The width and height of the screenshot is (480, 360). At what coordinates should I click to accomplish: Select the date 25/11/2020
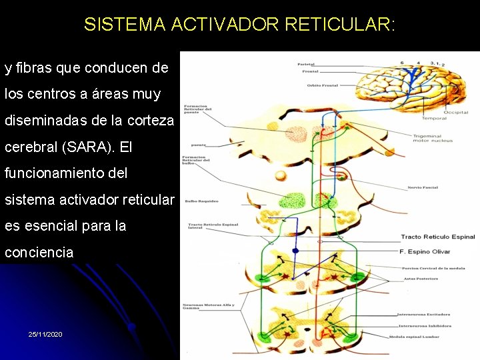pyautogui.click(x=45, y=333)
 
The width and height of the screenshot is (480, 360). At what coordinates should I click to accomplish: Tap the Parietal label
pyautogui.click(x=306, y=64)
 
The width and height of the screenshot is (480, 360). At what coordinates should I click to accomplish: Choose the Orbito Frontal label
pyautogui.click(x=323, y=85)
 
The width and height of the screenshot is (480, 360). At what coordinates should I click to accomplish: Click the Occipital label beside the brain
pyautogui.click(x=456, y=113)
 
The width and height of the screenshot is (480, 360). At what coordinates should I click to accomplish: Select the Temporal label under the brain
pyautogui.click(x=435, y=118)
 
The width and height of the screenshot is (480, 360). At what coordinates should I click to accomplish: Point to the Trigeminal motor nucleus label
pyautogui.click(x=433, y=138)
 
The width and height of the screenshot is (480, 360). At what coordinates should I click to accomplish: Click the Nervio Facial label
pyautogui.click(x=423, y=187)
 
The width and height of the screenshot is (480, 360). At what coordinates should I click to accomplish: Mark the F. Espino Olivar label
pyautogui.click(x=425, y=251)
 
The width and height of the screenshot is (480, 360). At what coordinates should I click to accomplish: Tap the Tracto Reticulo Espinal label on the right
pyautogui.click(x=437, y=237)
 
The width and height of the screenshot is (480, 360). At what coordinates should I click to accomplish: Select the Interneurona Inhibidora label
pyautogui.click(x=424, y=326)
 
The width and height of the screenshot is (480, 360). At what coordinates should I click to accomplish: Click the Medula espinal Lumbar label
pyautogui.click(x=419, y=336)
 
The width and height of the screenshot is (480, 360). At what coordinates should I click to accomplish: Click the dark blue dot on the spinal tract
pyautogui.click(x=295, y=250)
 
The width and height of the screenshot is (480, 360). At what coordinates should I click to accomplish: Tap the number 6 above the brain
pyautogui.click(x=402, y=63)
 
